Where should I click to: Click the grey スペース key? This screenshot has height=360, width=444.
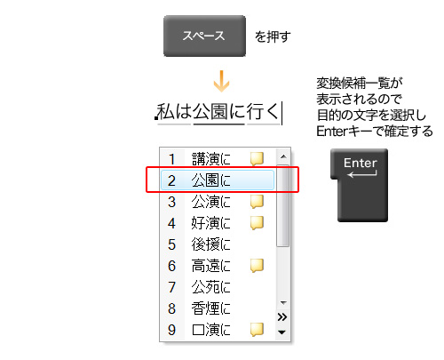pyautogui.click(x=204, y=36)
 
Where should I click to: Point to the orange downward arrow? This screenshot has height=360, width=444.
pyautogui.click(x=221, y=81)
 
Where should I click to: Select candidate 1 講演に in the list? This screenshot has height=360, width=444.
pyautogui.click(x=210, y=159)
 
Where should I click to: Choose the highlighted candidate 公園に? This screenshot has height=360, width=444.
pyautogui.click(x=210, y=180)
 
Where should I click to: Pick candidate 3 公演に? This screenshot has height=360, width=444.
pyautogui.click(x=210, y=202)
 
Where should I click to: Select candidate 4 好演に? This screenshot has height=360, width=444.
pyautogui.click(x=210, y=223)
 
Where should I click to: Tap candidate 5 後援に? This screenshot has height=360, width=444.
pyautogui.click(x=210, y=244)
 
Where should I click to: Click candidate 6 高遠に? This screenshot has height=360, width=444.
pyautogui.click(x=210, y=266)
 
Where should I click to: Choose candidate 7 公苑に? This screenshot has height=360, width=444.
pyautogui.click(x=210, y=287)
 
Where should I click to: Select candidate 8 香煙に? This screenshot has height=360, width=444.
pyautogui.click(x=210, y=308)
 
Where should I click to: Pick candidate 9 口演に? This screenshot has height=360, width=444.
pyautogui.click(x=210, y=330)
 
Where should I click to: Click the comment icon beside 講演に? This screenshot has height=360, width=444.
pyautogui.click(x=257, y=159)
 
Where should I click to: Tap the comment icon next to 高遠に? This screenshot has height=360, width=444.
pyautogui.click(x=257, y=266)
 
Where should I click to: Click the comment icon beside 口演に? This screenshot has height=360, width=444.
pyautogui.click(x=257, y=330)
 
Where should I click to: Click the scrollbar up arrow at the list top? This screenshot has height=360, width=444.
pyautogui.click(x=283, y=156)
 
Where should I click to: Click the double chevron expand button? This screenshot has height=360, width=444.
pyautogui.click(x=282, y=317)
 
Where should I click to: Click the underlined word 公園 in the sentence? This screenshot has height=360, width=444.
pyautogui.click(x=219, y=112)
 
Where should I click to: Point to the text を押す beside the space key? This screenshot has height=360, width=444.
pyautogui.click(x=273, y=36)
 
